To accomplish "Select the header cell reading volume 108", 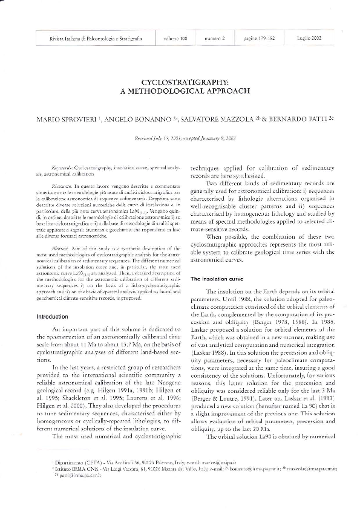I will [x=174, y=38].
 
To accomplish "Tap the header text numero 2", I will [x=215, y=38].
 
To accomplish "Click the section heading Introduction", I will [x=53, y=317].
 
